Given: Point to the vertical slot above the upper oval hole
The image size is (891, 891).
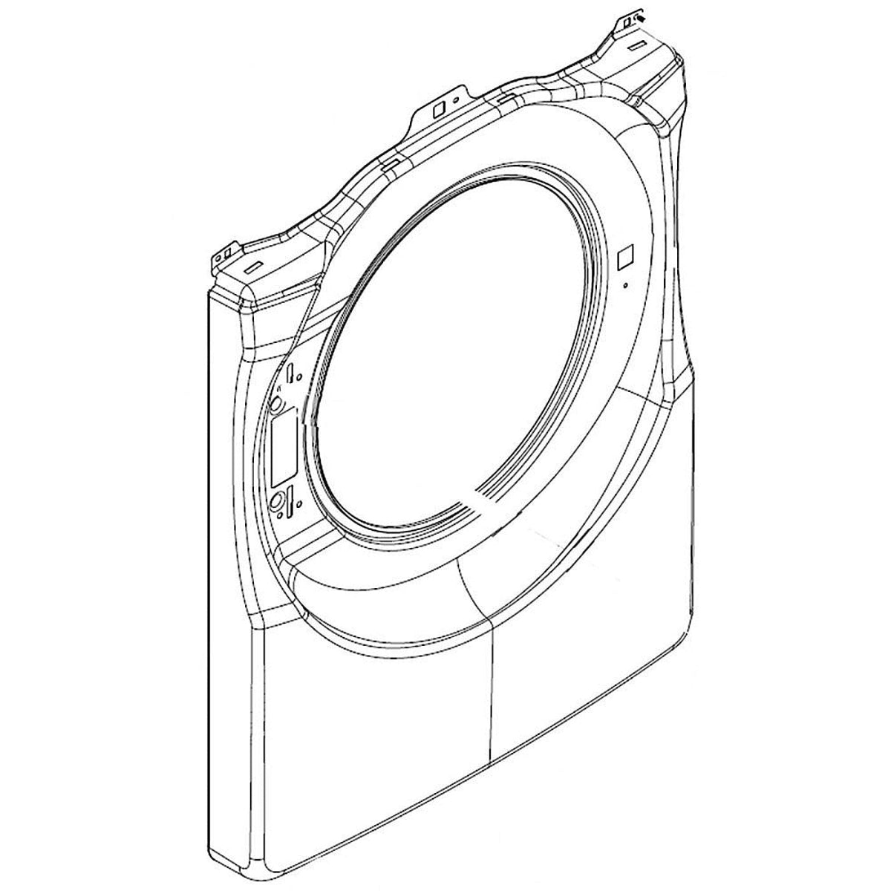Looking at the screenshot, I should pos(290,372).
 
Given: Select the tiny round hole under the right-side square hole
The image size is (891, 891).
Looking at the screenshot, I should pos(625,284).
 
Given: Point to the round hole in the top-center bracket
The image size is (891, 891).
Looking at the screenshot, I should pos(457,95).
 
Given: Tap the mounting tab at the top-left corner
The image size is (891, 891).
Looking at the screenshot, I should pos(221,258).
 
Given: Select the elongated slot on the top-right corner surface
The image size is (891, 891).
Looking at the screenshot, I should pos(638,47).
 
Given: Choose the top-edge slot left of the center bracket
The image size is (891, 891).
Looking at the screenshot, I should pos(392,159).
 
